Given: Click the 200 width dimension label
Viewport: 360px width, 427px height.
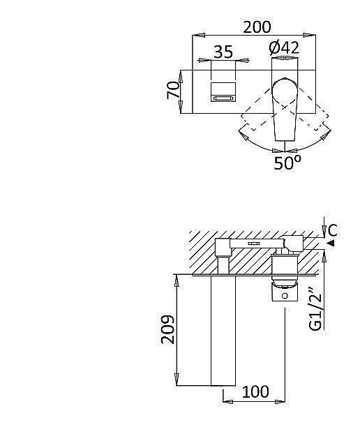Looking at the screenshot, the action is coord(257,27).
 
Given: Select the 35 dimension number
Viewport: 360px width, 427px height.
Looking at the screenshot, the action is coord(223,52).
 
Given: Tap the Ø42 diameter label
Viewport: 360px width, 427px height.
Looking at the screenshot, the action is coord(284,48).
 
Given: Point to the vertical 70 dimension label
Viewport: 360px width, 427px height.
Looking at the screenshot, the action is coord(173,91).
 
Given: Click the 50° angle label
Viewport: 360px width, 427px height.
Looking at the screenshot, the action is coord(287,163).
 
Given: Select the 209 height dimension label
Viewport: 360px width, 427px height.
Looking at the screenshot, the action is coord(167,330).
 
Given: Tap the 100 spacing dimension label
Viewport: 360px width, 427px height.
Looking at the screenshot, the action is coord(255,391).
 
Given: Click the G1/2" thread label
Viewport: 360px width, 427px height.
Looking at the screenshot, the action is coord(316,313).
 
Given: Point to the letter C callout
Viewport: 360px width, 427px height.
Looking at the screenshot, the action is coord(333,230).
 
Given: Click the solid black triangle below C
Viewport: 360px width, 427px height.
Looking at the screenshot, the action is coord(331,243).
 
